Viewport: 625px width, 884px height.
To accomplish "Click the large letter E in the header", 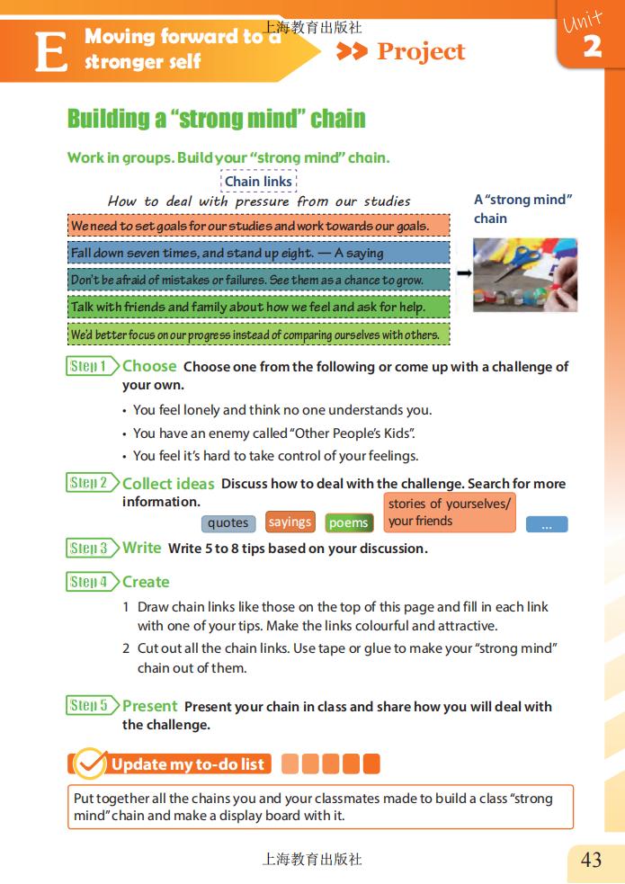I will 51,52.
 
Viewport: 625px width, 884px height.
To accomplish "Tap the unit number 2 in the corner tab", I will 592,46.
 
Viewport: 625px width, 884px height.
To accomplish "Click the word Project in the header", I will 421,52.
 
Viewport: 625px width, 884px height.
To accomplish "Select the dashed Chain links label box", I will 258,182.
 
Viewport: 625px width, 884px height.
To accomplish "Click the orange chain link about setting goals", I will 258,226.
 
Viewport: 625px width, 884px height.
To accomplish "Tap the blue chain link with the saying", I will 258,253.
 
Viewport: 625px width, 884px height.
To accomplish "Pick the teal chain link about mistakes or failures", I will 258,280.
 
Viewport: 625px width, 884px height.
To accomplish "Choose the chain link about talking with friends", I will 258,307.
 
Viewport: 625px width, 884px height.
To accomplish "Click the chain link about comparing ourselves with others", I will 258,335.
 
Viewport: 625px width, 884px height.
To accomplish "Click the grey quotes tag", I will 228,523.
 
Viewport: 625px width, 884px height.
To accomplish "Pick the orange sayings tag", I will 290,522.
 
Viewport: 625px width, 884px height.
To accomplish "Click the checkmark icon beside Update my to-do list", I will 89,763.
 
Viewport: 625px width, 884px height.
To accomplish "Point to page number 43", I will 592,860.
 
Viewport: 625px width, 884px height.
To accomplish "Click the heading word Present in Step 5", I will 150,706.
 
